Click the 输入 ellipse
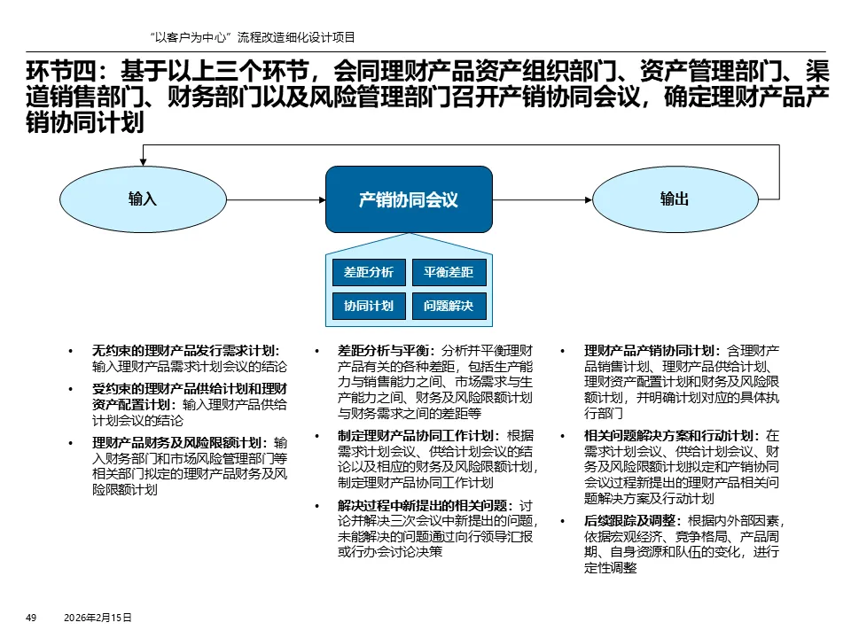tap(142, 199)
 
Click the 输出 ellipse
tap(674, 199)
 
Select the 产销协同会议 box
tap(408, 199)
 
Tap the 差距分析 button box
tap(368, 272)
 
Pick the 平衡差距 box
tap(449, 272)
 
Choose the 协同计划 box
tap(368, 306)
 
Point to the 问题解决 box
tap(449, 306)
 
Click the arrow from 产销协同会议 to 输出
tap(541, 199)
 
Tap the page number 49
tap(30, 618)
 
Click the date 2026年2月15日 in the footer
tap(98, 618)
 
